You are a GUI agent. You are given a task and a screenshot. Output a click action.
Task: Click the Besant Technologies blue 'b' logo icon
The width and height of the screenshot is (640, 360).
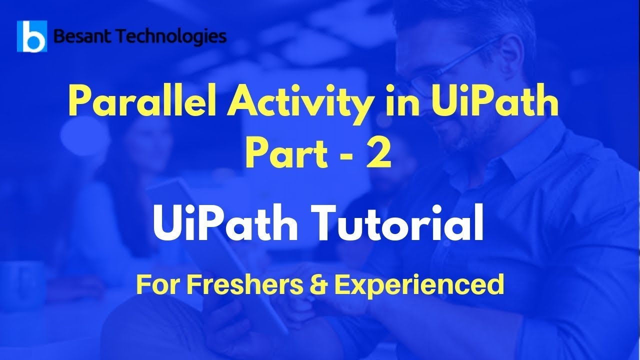coord(32,36)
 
